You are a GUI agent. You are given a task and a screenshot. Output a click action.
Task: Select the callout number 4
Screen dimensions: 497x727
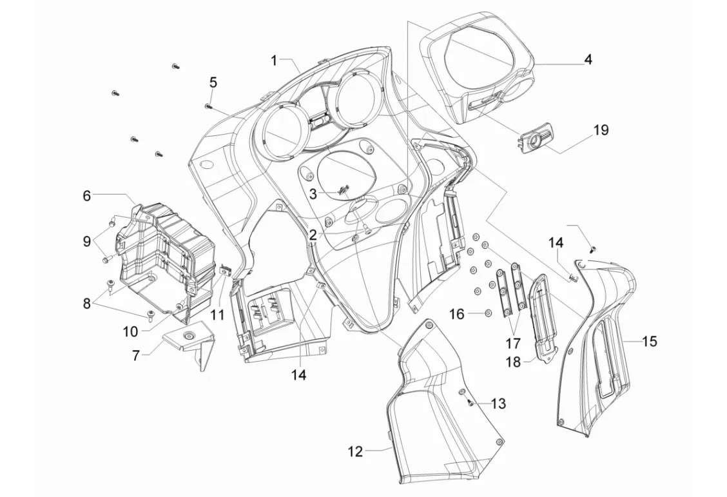point(588,59)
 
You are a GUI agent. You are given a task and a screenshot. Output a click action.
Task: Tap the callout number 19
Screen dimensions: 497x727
point(601,130)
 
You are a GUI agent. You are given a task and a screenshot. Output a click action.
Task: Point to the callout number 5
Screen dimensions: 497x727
point(213,83)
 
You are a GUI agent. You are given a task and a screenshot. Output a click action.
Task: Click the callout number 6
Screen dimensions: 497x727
point(87,196)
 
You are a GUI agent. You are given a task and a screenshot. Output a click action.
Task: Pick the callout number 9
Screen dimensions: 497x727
point(87,242)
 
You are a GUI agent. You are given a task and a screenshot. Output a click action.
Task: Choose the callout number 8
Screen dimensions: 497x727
point(87,303)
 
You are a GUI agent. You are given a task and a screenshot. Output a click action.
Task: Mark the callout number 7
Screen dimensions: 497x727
point(135,355)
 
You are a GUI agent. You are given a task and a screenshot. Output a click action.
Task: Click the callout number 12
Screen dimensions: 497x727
point(356,451)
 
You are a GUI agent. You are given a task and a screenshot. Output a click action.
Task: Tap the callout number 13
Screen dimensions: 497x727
point(498,404)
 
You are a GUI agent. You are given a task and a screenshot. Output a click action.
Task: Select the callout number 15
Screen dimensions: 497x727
point(650,341)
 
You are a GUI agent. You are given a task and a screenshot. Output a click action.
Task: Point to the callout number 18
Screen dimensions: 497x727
point(513,362)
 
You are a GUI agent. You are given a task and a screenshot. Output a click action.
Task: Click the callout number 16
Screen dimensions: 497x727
point(457,314)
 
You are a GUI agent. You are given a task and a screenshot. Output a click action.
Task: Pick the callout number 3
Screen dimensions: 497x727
point(313,193)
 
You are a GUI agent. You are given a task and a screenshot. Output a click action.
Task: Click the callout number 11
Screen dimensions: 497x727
point(217,315)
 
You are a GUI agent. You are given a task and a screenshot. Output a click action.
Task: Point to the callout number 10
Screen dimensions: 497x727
point(131,331)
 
